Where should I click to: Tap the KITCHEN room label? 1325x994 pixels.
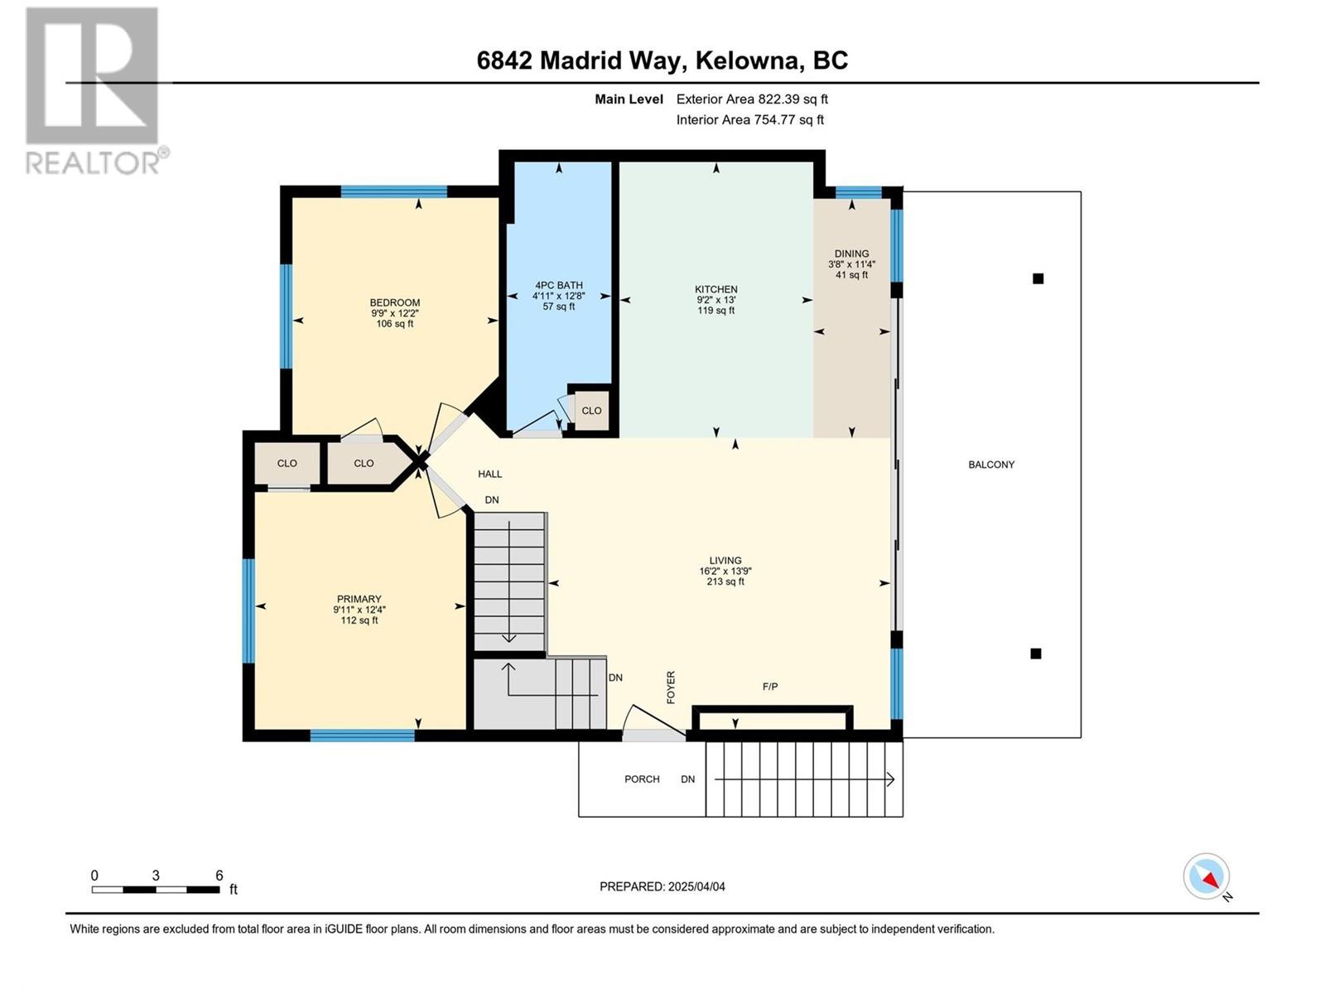coord(716,290)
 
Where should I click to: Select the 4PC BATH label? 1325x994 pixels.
coord(559,286)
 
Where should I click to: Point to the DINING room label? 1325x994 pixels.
coord(852,254)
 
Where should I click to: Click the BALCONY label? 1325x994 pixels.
coord(991,465)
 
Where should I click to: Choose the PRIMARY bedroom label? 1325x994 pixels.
coord(359,599)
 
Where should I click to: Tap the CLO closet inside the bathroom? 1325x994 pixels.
coord(591,410)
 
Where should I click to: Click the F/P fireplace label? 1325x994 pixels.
coord(770,686)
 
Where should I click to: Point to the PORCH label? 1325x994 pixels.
coord(642,779)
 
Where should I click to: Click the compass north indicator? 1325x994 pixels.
coord(1207,876)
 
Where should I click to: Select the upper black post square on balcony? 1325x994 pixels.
coord(1038,278)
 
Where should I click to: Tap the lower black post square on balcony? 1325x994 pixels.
coord(1036,653)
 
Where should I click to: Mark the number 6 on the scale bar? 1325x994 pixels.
coord(219,875)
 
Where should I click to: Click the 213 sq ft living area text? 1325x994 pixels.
coord(725,581)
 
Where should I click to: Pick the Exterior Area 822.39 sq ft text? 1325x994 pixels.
coord(752,99)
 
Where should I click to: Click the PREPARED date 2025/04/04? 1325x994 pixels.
coord(696,886)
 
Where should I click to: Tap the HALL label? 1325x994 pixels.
coord(489,475)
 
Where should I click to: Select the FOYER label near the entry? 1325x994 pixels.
coord(671,688)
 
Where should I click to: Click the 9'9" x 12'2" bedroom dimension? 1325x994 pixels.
coord(395,313)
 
